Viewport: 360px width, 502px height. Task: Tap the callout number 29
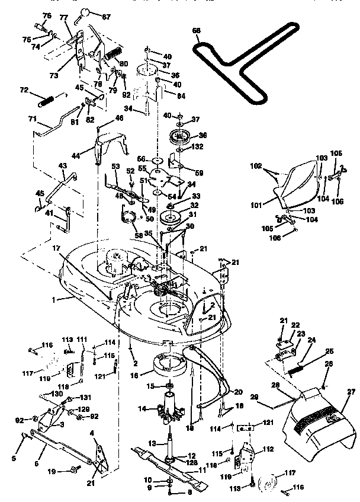(272, 397)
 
